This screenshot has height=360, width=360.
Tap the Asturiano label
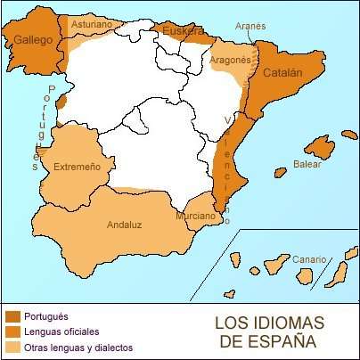(91, 25)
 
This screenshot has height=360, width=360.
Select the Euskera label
(183, 32)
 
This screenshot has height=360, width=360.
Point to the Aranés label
(250, 27)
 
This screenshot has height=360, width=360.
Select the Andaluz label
(125, 225)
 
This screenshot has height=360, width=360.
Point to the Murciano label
(194, 216)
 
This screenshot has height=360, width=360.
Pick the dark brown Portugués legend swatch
(13, 315)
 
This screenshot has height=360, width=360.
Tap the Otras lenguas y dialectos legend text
(82, 347)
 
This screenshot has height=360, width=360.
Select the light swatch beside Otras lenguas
(13, 346)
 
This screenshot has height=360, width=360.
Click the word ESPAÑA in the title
(275, 340)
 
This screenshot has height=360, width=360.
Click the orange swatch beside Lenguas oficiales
(13, 331)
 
